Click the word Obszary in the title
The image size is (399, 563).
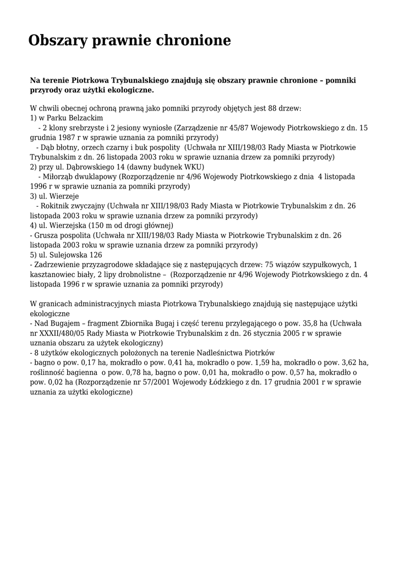click(62, 41)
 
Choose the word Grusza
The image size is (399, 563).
click(46, 235)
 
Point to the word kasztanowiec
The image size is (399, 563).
click(54, 275)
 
